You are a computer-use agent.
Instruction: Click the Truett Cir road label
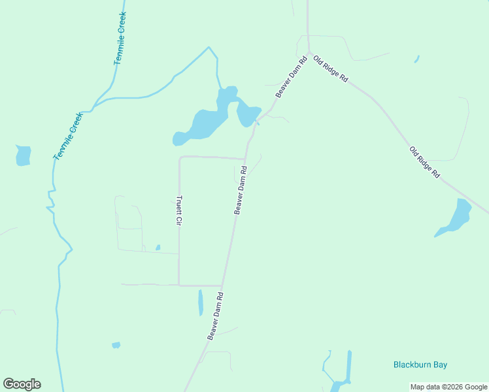(178, 210)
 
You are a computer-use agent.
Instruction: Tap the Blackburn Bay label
(420, 365)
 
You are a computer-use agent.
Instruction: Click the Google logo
(22, 384)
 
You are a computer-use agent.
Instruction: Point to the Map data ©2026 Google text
(448, 387)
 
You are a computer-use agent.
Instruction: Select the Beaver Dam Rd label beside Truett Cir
(241, 190)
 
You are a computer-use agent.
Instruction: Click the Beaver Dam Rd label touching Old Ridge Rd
(292, 78)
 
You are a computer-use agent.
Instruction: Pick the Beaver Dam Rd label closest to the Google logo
(216, 316)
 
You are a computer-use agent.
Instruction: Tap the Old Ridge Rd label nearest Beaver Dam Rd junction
(330, 69)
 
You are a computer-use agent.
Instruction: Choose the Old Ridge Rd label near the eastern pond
(425, 163)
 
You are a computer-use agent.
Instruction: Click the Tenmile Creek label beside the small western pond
(68, 137)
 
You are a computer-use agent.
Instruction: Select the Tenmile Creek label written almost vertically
(120, 38)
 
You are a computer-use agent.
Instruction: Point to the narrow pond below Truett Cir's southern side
(201, 302)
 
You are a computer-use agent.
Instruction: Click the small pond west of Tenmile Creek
(23, 155)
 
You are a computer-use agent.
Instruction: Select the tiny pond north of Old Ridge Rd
(416, 59)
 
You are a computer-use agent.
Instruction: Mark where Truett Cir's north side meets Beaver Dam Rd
(245, 159)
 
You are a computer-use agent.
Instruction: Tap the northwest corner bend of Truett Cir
(180, 157)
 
